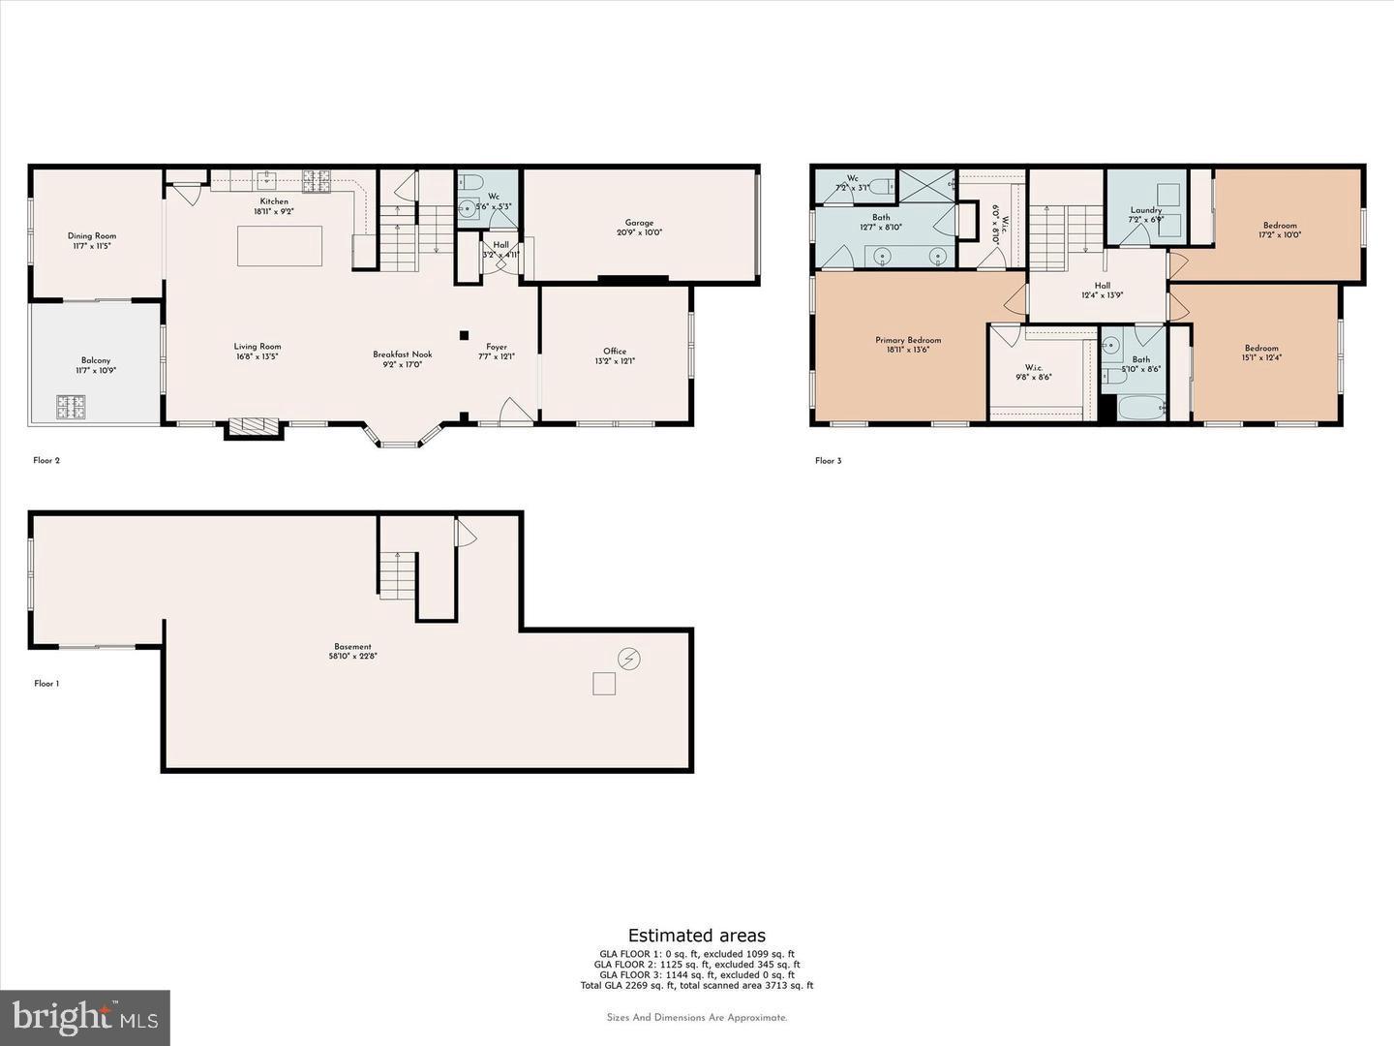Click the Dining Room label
click(92, 236)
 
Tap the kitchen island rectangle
click(280, 246)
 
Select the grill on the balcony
click(70, 406)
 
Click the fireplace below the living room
click(254, 426)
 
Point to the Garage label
click(639, 223)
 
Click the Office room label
click(615, 352)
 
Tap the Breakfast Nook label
click(403, 354)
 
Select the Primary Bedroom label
click(908, 340)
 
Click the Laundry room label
click(1146, 210)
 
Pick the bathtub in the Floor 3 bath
click(1142, 406)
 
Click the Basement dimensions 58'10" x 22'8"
click(352, 657)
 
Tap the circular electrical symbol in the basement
click(629, 660)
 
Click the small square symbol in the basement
click(604, 685)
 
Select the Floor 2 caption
click(46, 461)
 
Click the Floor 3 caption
click(829, 461)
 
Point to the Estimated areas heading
click(697, 936)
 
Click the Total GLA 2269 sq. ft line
click(697, 986)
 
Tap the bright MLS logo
click(85, 1017)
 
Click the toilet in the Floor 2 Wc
click(471, 182)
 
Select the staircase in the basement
click(397, 575)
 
